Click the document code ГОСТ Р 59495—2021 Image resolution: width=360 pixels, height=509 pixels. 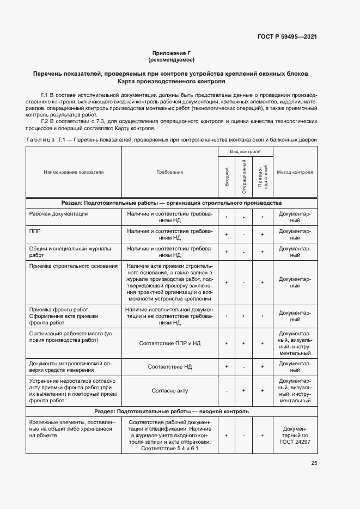click(x=287, y=36)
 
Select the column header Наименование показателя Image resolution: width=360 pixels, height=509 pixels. click(x=74, y=172)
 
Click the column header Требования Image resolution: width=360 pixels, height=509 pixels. click(x=169, y=172)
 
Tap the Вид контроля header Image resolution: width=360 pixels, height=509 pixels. click(x=245, y=152)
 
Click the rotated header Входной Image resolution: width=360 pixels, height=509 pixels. click(x=227, y=177)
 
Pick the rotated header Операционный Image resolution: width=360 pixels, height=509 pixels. click(x=245, y=177)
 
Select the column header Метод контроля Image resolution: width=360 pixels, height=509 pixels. click(x=295, y=172)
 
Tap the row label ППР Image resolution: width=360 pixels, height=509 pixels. click(x=35, y=231)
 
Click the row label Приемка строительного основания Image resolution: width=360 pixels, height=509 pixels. click(x=73, y=266)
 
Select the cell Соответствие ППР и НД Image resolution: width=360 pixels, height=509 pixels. click(x=169, y=344)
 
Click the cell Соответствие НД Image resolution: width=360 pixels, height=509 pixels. click(x=169, y=367)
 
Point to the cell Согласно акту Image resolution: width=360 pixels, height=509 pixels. click(x=169, y=390)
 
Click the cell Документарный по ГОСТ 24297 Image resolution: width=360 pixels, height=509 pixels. click(x=295, y=435)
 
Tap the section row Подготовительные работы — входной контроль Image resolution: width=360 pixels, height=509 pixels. click(x=172, y=412)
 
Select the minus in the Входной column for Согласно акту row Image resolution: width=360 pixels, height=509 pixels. click(x=227, y=390)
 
